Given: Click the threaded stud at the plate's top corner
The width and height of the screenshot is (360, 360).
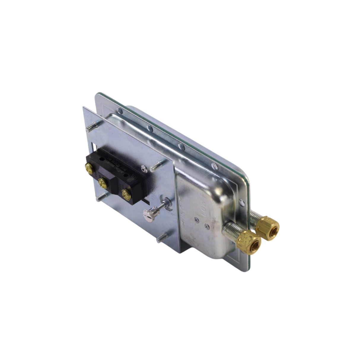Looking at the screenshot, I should coord(92,127).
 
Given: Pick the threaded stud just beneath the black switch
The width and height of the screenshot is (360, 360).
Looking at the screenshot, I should coord(102,197).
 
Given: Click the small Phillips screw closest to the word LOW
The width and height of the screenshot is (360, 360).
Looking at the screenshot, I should coord(197,220).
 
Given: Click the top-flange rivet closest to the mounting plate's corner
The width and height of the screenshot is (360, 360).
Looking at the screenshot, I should coord(120,111).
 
